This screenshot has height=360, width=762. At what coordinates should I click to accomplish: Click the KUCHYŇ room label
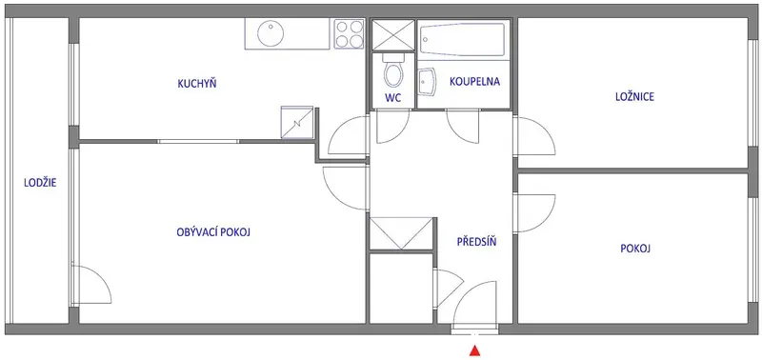pyautogui.click(x=197, y=84)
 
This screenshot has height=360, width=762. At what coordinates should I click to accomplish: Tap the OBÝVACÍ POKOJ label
pyautogui.click(x=213, y=232)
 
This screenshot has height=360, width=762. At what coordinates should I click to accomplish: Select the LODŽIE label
pyautogui.click(x=40, y=183)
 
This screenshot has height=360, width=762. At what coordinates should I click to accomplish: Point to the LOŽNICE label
pyautogui.click(x=634, y=97)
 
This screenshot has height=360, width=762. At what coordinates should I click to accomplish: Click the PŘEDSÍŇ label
pyautogui.click(x=477, y=241)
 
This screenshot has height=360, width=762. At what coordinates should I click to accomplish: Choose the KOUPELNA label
pyautogui.click(x=474, y=81)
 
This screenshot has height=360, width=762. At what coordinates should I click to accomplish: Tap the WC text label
pyautogui.click(x=392, y=98)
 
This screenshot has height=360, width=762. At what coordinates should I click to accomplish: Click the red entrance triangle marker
pyautogui.click(x=475, y=350)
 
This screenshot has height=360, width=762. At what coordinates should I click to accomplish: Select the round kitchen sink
pyautogui.click(x=271, y=33)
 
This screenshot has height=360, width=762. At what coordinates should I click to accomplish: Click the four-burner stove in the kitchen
pyautogui.click(x=349, y=33)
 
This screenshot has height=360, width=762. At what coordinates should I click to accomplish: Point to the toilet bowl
pyautogui.click(x=392, y=70)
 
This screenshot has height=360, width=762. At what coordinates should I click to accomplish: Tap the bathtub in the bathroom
pyautogui.click(x=462, y=39)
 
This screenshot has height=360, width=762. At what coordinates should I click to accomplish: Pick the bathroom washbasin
pyautogui.click(x=427, y=84)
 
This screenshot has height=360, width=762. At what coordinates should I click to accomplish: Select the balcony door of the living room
pyautogui.click(x=91, y=286)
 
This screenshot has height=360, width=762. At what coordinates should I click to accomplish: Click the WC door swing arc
pyautogui.click(x=392, y=128)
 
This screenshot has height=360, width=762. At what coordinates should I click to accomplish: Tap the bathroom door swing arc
pyautogui.click(x=463, y=128)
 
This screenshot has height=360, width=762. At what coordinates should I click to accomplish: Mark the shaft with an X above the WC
pyautogui.click(x=392, y=35)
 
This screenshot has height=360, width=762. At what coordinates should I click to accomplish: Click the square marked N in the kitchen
pyautogui.click(x=296, y=123)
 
